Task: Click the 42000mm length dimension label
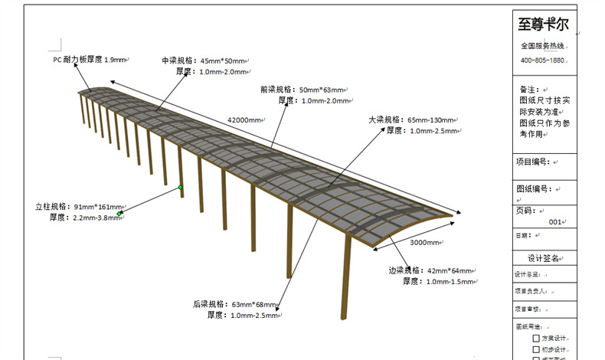(244, 119)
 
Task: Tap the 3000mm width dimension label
(423, 243)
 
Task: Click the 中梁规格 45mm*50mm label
(204, 61)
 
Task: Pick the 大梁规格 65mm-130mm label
(411, 120)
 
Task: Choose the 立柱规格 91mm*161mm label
(79, 207)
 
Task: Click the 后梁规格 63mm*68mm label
(236, 304)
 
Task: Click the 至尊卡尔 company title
(543, 25)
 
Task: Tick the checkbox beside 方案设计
(536, 338)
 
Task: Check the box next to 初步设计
(536, 349)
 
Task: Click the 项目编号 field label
(532, 162)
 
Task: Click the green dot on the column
(181, 187)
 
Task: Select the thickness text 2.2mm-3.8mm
(96, 218)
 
